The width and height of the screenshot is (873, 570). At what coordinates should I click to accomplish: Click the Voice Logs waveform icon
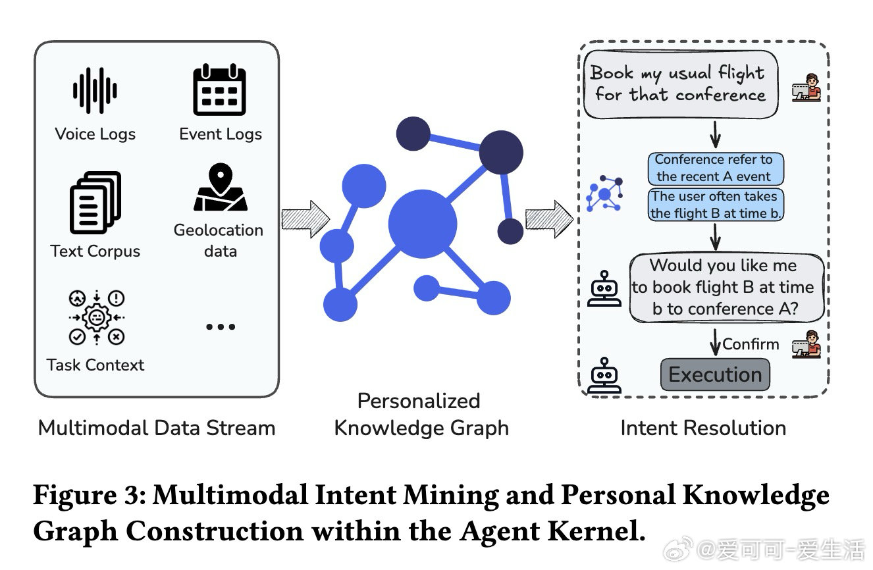(x=95, y=90)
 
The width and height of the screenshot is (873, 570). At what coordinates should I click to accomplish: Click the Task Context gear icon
(x=96, y=317)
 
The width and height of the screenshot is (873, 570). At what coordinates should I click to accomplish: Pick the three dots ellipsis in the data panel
(x=220, y=326)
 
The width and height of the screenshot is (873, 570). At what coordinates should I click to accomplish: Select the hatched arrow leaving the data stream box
(x=305, y=219)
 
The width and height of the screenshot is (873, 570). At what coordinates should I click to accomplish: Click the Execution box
(x=715, y=375)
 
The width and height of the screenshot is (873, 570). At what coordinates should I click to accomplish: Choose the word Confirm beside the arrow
(x=751, y=344)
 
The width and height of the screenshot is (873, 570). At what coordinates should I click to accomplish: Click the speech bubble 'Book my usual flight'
(x=680, y=84)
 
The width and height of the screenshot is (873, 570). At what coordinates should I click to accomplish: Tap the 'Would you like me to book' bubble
(x=726, y=287)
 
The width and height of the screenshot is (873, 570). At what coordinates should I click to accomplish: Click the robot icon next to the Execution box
(x=604, y=375)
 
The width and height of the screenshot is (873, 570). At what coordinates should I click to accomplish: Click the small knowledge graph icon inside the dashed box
(x=604, y=194)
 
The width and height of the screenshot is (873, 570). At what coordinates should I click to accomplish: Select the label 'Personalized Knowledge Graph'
(x=421, y=414)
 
